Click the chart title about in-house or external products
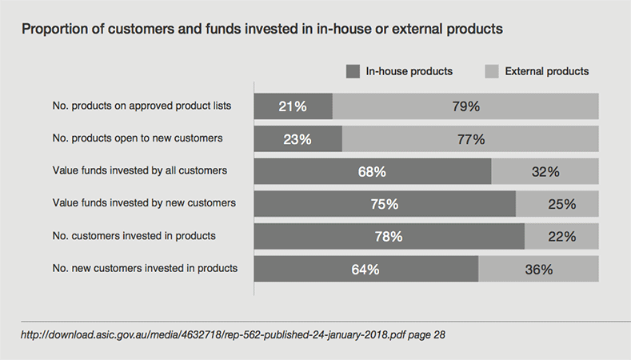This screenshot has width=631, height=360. (262, 30)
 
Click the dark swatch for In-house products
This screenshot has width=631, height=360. (353, 71)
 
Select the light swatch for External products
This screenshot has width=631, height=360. (493, 71)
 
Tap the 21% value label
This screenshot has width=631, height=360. (293, 106)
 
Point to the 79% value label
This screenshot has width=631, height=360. (465, 106)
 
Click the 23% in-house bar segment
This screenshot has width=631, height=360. (298, 138)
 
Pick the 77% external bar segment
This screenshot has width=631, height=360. (470, 138)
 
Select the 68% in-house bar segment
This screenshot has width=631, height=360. (373, 171)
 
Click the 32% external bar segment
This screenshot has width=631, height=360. (545, 171)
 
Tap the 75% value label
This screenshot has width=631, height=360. (385, 204)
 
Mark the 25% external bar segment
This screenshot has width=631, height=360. (557, 204)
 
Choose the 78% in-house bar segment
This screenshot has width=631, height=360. (389, 236)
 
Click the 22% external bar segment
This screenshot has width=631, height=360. (561, 236)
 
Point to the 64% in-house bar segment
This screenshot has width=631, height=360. (366, 269)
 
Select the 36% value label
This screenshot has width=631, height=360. (538, 269)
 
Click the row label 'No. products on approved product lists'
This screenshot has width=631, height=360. (139, 106)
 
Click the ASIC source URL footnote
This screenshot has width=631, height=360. (233, 335)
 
